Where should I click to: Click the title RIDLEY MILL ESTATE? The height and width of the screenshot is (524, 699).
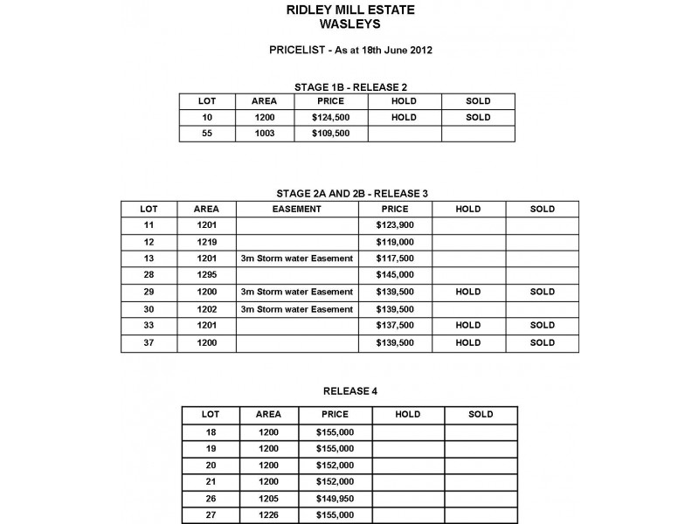(x=350, y=11)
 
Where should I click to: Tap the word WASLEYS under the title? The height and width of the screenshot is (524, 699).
(x=350, y=25)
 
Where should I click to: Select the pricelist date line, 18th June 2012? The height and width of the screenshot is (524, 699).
(x=350, y=51)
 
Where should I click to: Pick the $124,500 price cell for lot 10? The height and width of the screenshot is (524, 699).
(x=330, y=117)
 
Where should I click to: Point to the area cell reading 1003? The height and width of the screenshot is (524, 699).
(x=264, y=134)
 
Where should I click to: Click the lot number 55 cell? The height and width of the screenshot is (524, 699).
(x=207, y=134)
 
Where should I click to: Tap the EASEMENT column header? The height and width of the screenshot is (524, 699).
(x=297, y=210)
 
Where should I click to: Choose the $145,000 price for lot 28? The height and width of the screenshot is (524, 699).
(x=395, y=275)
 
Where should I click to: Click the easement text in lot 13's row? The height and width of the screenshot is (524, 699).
(x=296, y=259)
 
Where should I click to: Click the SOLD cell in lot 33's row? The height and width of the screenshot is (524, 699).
(x=542, y=325)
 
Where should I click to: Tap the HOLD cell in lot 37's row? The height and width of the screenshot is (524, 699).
(x=468, y=342)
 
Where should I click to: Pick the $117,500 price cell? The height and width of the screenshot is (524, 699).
(x=395, y=259)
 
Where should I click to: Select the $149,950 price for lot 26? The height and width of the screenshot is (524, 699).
(x=336, y=498)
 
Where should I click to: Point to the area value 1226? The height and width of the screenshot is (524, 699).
(x=268, y=515)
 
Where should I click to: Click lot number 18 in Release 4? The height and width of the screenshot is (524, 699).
(x=210, y=431)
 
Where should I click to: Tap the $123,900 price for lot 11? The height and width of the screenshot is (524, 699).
(x=395, y=225)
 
